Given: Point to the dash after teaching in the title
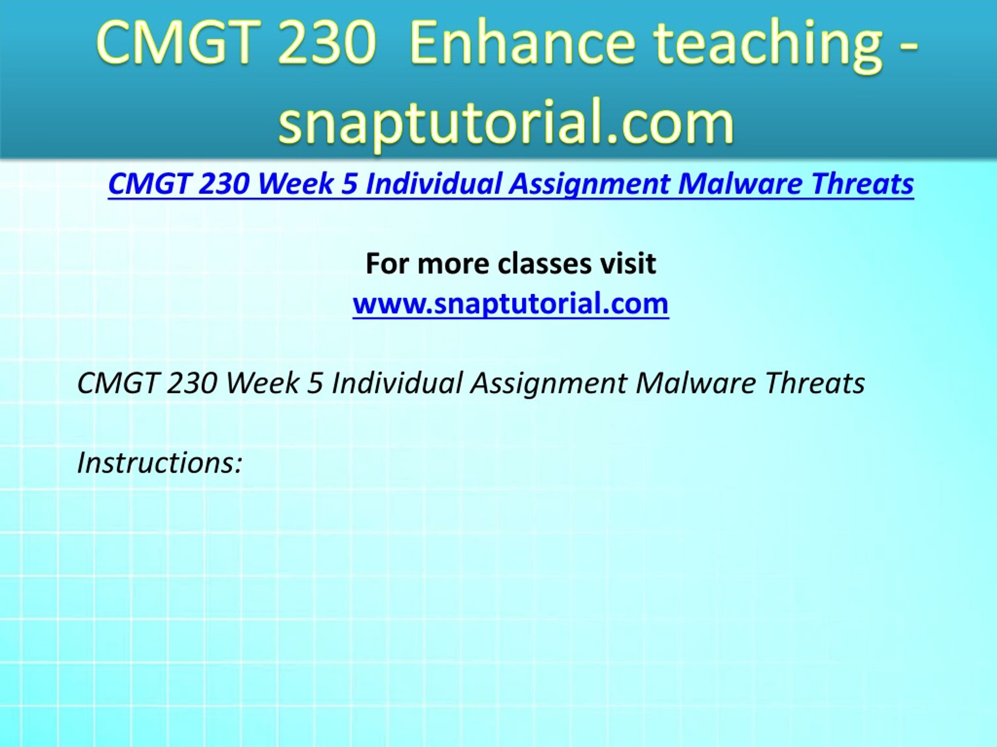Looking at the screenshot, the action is coord(909,50).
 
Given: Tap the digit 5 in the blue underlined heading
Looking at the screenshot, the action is coord(349,184).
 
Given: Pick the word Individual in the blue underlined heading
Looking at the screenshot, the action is coord(433,184).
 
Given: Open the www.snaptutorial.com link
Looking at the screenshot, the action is coord(511,303).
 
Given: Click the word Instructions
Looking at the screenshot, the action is coord(160,463).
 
